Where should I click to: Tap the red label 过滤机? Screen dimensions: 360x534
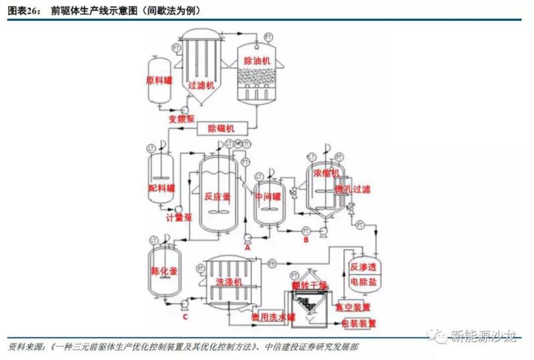point(200,85)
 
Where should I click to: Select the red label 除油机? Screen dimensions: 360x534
point(258,60)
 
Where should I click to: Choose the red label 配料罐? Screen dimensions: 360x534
point(160,188)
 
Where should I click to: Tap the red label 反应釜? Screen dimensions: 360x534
point(217,196)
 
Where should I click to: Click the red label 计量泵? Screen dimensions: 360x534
point(179,218)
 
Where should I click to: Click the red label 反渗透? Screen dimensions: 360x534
point(363,268)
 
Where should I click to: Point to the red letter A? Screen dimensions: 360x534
point(247,246)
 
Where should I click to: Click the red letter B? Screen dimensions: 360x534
point(306,238)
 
